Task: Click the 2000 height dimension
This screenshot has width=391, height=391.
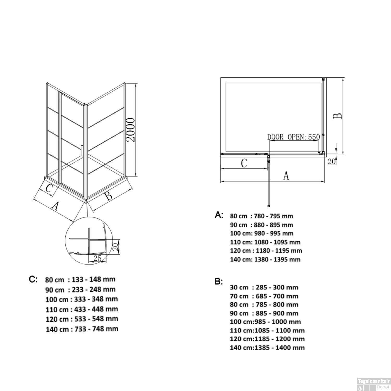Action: tap(130, 130)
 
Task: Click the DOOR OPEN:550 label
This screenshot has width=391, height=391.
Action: tap(293, 137)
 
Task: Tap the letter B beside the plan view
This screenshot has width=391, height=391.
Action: tap(338, 116)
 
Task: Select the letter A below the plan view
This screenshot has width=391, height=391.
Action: tap(286, 176)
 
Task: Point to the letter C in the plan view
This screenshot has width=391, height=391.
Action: tap(244, 163)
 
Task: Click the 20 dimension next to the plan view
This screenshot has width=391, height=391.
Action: tap(331, 162)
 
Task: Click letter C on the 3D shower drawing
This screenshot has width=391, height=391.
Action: tap(49, 188)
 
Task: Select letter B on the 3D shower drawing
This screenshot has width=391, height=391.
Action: tap(108, 195)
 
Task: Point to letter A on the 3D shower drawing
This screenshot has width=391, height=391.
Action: tap(55, 206)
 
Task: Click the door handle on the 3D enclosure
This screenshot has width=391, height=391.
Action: tap(82, 151)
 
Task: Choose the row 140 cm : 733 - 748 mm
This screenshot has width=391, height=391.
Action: tap(82, 329)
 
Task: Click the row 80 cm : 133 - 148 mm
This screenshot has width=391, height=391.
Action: tap(80, 280)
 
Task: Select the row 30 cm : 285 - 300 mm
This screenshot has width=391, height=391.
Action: tap(264, 288)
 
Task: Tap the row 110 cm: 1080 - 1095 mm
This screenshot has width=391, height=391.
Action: tap(265, 242)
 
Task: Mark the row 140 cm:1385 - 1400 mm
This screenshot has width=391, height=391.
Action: tap(267, 347)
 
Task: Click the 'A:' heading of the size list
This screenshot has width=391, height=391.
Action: tap(219, 215)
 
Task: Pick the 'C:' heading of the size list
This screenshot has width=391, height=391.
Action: tap(33, 279)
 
